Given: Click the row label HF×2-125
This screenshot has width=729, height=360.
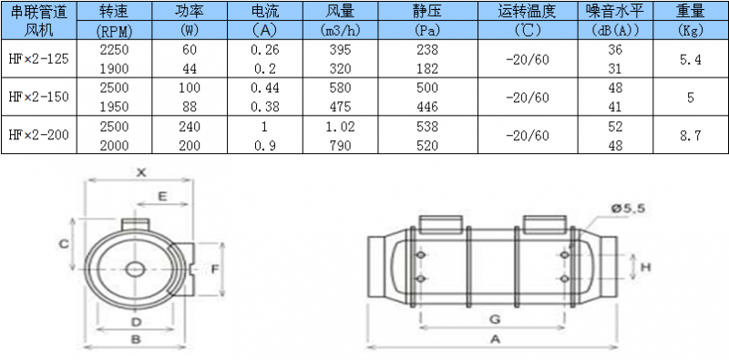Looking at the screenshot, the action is [39, 59].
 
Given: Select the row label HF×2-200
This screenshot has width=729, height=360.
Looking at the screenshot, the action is [39, 136].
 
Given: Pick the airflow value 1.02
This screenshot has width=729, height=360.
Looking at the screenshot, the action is [340, 127].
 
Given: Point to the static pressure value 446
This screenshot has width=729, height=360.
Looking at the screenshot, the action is [427, 108].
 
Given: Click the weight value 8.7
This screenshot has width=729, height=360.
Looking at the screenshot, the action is [691, 136].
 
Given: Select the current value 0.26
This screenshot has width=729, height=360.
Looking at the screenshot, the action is [265, 50].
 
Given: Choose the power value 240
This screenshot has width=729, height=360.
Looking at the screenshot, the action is [190, 127].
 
